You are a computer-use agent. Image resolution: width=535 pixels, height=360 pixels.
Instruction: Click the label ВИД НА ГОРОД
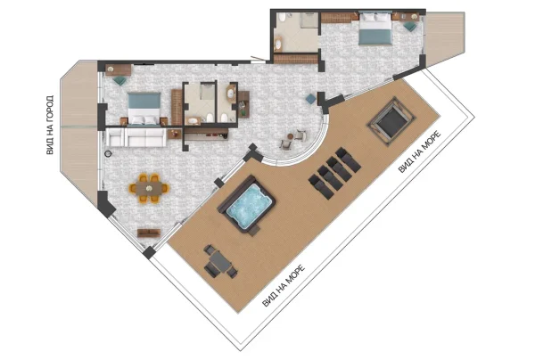pyautogui.click(x=50, y=125)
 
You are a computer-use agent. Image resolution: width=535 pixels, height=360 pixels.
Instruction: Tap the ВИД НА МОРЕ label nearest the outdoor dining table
pyautogui.click(x=284, y=286)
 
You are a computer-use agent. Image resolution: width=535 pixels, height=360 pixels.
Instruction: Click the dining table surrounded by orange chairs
pyautogui.click(x=149, y=188)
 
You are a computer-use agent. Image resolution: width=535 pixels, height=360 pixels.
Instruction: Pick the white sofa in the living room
pyautogui.click(x=136, y=137)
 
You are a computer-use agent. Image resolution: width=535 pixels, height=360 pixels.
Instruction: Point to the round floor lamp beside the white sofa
pyautogui.click(x=108, y=153)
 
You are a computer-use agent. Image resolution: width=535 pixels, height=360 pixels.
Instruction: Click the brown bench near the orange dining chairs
pyautogui.click(x=149, y=233)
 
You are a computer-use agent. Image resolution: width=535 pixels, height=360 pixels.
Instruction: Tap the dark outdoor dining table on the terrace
pyautogui.click(x=220, y=261)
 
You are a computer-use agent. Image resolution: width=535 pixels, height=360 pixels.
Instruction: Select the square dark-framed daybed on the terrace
pyautogui.click(x=391, y=121)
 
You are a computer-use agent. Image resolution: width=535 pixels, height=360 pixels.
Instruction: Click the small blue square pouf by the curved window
pyautogui.click(x=311, y=99)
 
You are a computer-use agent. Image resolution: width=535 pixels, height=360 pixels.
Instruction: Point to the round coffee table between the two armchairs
pyautogui.click(x=291, y=136)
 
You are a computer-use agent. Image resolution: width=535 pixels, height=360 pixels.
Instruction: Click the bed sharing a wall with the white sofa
pyautogui.click(x=144, y=109)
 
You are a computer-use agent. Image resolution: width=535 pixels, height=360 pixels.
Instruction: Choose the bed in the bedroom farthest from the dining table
pyautogui.click(x=374, y=29)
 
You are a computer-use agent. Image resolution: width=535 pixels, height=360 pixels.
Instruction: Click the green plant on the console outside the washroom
pyautogui.click(x=243, y=110)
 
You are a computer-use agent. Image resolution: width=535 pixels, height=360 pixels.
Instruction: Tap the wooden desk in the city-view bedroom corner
pyautogui.click(x=118, y=70)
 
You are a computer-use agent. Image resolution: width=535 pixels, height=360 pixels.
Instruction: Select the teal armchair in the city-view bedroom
pyautogui.click(x=119, y=80)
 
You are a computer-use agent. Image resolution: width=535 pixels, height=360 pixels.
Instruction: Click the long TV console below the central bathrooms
pyautogui.click(x=206, y=135)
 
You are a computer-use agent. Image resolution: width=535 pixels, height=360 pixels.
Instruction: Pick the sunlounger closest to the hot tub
pyautogui.click(x=321, y=187)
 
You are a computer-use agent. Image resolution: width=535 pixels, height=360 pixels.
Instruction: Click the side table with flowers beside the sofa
pyautogui.click(x=175, y=134)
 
